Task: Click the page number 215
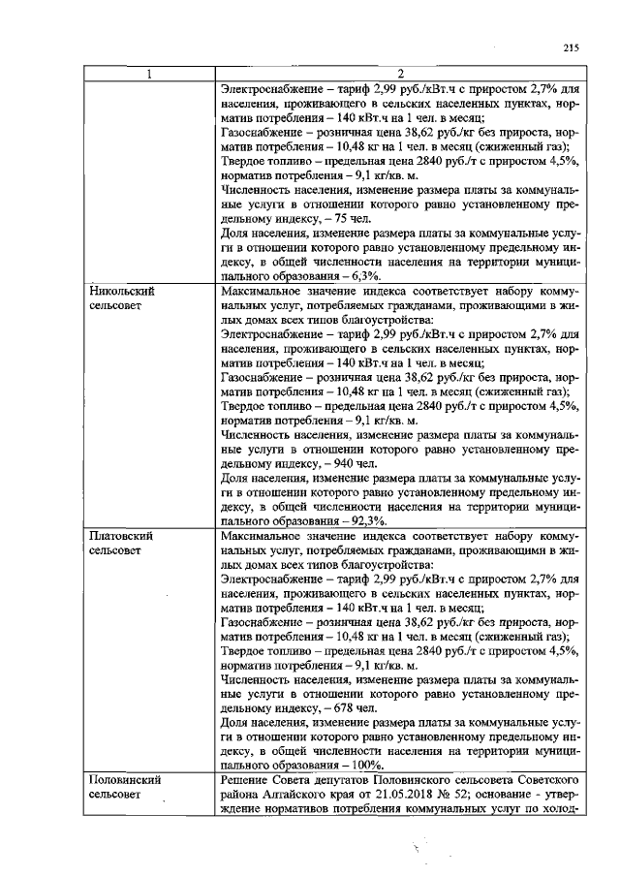569,48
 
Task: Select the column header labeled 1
148,75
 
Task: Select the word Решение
248,780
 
